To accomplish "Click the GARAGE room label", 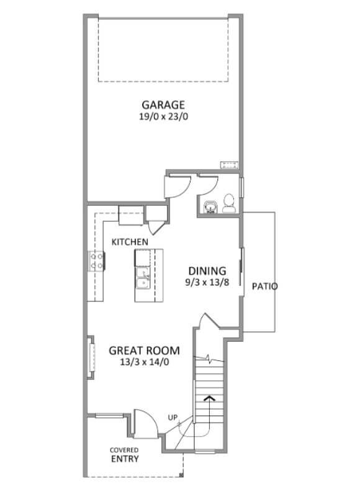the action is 163,105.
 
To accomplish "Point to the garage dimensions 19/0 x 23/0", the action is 163,117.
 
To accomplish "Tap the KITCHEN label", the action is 130,242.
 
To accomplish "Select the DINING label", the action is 207,271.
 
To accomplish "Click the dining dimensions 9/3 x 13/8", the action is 207,282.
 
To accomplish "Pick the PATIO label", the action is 264,286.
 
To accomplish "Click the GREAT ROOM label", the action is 145,350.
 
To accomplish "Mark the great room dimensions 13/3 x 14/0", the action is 145,362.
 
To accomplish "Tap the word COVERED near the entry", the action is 124,450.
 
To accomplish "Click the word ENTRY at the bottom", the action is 125,458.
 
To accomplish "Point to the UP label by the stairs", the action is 173,417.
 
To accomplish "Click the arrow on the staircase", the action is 209,398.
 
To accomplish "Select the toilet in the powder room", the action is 228,203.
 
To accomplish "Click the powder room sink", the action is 210,207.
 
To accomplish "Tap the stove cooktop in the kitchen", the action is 96,261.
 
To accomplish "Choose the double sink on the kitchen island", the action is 142,278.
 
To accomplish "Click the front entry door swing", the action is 146,424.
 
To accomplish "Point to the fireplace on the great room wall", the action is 91,357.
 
